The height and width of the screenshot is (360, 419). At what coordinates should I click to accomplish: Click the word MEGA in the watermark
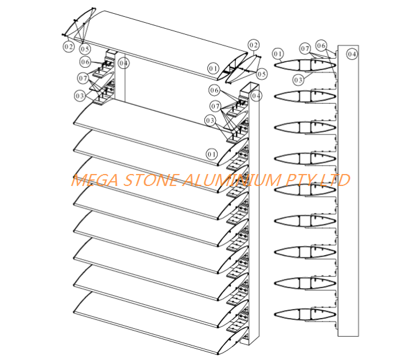(x=95, y=180)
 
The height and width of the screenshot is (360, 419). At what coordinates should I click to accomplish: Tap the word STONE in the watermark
(x=151, y=180)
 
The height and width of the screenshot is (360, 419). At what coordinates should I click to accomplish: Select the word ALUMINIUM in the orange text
(x=231, y=180)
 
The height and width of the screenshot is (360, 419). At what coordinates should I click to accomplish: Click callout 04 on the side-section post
(x=352, y=54)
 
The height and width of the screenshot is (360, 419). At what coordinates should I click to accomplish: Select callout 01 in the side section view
(x=278, y=54)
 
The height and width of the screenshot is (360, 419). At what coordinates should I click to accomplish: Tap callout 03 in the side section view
(x=299, y=80)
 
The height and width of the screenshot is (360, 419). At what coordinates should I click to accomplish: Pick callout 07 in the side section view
(x=305, y=49)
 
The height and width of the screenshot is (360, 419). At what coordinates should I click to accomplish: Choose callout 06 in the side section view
(x=321, y=46)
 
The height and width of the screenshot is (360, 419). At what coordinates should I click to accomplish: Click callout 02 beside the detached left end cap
(x=69, y=47)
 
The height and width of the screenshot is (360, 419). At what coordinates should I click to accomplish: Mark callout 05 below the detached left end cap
(x=85, y=49)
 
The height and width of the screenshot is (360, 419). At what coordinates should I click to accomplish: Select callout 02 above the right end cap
(x=254, y=45)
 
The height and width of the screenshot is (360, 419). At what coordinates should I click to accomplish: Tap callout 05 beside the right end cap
(x=261, y=74)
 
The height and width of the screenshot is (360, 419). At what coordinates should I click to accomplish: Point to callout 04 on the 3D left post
(x=123, y=63)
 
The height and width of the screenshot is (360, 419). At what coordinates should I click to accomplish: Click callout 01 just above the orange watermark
(x=212, y=154)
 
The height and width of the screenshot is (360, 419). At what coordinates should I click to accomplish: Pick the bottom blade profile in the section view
(x=305, y=314)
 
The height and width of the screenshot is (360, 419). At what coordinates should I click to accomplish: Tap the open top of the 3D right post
(x=250, y=88)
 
